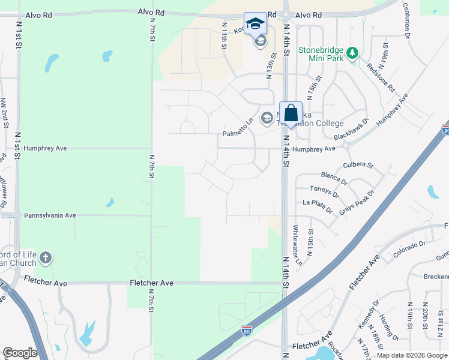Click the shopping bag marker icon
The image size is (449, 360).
pyautogui.click(x=291, y=113)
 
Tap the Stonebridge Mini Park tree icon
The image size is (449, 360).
pyautogui.click(x=352, y=53)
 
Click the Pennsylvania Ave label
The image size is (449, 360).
pyautogui.click(x=50, y=215)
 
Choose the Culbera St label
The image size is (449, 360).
pyautogui.click(x=358, y=164)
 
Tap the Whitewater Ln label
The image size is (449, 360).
pyautogui.click(x=297, y=245)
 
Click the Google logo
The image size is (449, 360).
pyautogui.click(x=20, y=353)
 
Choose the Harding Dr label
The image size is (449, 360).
pyautogui.click(x=390, y=327)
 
